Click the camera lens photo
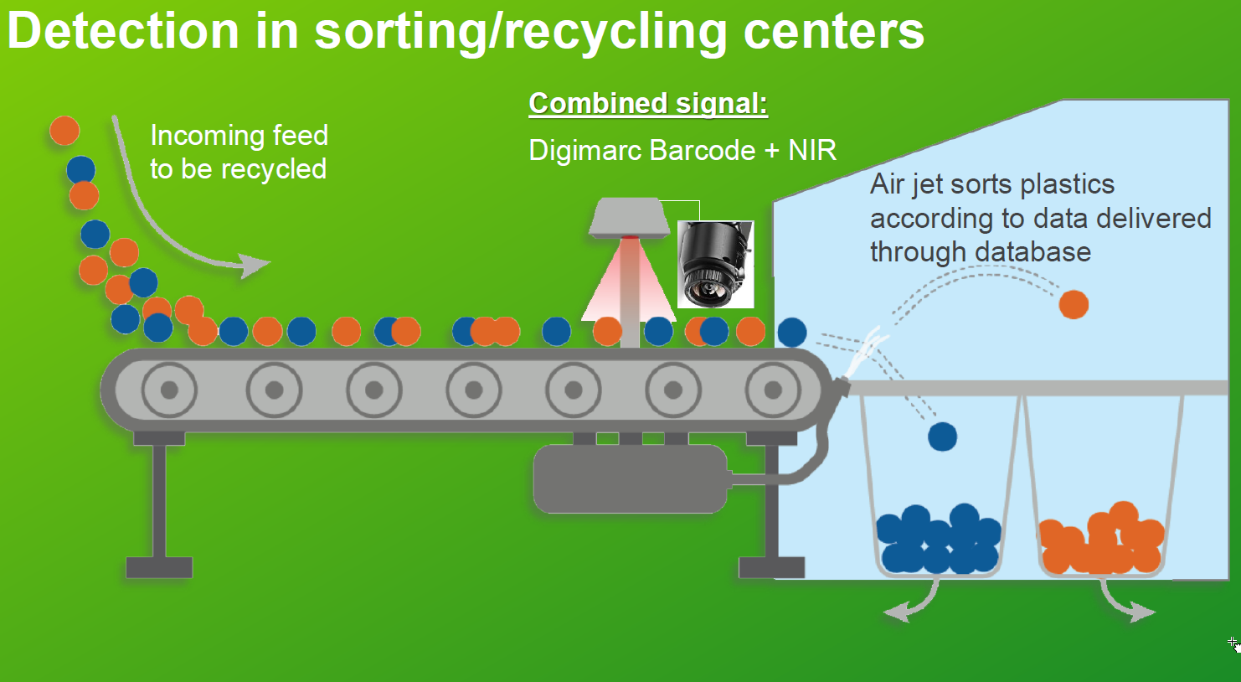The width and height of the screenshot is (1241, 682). tap(715, 264)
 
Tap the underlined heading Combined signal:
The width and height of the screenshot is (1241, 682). tap(648, 104)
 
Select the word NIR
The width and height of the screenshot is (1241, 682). tap(812, 150)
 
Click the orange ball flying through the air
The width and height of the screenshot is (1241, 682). tap(1074, 304)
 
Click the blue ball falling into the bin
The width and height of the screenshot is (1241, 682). tap(942, 437)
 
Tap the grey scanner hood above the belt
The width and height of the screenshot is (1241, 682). tap(630, 218)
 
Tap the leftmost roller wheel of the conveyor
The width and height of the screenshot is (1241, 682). tap(169, 390)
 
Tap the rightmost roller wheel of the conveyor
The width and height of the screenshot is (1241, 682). tap(773, 390)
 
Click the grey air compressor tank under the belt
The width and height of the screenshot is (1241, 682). tap(630, 478)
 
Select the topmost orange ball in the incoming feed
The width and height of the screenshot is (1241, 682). tap(64, 131)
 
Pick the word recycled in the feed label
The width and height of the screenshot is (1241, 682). tap(274, 169)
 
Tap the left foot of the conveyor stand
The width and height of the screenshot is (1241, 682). tap(159, 568)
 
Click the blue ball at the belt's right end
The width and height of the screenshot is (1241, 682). tap(792, 332)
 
